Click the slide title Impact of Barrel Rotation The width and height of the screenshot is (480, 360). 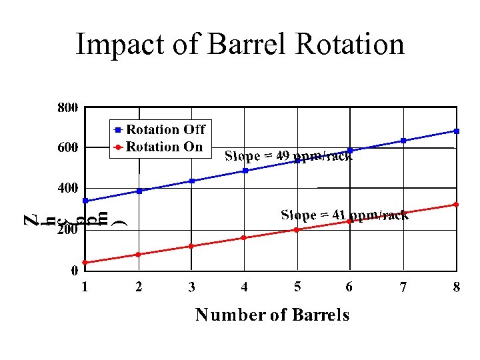pos(240,45)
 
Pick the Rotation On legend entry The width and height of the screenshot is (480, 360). pos(158,147)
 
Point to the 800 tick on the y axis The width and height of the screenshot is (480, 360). pos(67,107)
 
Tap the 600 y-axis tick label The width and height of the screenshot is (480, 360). pos(67,147)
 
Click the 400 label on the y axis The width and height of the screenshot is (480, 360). pos(67,189)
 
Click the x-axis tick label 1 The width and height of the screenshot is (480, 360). pos(85,287)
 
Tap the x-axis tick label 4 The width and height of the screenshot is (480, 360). pos(245,287)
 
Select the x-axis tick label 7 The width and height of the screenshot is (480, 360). pos(403,287)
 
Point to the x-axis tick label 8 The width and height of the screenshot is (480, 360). pos(456,287)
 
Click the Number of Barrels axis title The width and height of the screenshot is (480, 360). pos(272,315)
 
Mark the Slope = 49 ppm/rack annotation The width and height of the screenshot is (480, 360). pos(289,157)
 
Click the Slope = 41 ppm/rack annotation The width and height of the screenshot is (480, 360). pos(345,215)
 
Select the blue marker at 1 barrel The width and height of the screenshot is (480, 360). pos(85,201)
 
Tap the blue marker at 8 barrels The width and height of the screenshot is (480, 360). pos(456,131)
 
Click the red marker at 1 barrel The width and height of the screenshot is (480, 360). pos(85,263)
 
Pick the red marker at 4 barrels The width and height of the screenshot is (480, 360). pos(244,237)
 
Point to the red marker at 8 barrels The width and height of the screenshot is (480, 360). pos(456,204)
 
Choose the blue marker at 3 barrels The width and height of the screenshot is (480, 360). pos(191,181)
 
